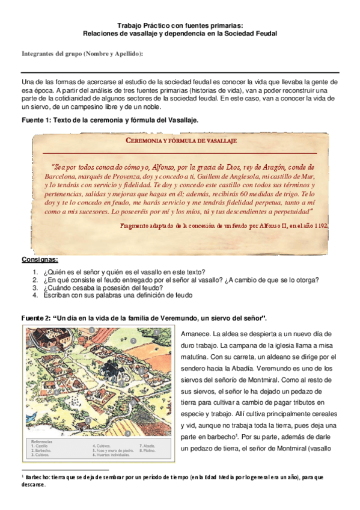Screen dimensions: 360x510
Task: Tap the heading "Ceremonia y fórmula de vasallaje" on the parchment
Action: pyautogui.click(x=181, y=141)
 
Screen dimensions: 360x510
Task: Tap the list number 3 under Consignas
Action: pyautogui.click(x=35, y=287)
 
